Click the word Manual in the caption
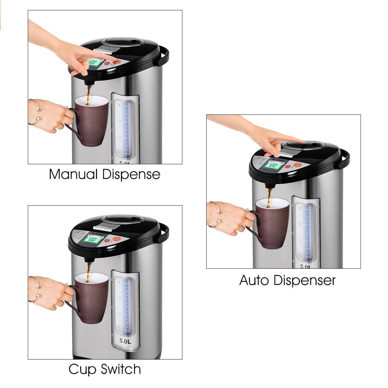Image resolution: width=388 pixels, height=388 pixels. [73, 174]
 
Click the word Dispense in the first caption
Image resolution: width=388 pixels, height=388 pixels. [131, 174]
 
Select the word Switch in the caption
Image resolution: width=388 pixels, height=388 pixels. [121, 369]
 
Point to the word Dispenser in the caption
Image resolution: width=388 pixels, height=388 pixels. [305, 280]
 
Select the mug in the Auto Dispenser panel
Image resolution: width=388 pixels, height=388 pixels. [272, 223]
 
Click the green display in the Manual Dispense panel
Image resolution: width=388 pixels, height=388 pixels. [94, 62]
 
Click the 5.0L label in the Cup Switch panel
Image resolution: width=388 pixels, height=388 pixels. [125, 341]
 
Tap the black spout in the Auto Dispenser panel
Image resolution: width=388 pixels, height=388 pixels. [269, 185]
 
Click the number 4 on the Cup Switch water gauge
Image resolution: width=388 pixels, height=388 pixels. [119, 282]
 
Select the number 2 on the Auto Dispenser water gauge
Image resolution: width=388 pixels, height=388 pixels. [300, 240]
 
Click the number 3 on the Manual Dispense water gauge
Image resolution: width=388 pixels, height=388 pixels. [119, 121]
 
